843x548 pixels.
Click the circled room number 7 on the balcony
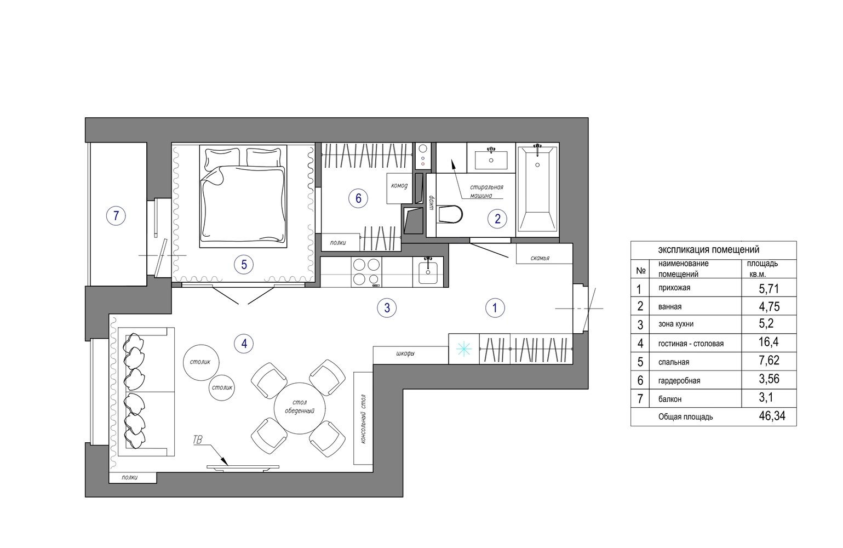tap(116, 216)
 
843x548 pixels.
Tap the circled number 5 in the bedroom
tap(244, 265)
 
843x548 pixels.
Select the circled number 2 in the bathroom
tap(497, 219)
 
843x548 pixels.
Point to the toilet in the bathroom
tap(450, 214)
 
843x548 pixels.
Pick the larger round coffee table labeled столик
tap(201, 362)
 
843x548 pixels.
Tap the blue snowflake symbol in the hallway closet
tap(463, 349)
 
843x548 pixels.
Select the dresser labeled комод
tap(399, 189)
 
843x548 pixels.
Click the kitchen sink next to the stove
tap(428, 272)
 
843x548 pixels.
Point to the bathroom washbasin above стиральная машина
tap(491, 158)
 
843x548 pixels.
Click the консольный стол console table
tap(363, 418)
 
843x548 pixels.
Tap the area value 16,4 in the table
tap(769, 342)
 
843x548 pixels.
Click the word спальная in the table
tap(674, 362)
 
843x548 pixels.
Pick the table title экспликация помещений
tap(709, 250)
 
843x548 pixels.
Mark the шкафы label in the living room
tap(405, 353)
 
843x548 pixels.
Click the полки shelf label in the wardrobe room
tap(338, 243)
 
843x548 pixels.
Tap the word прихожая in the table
tap(674, 288)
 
